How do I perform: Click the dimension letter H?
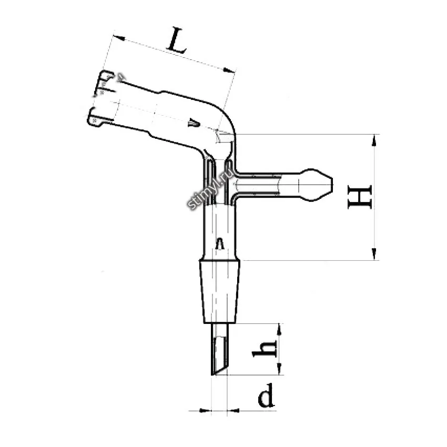click(360, 197)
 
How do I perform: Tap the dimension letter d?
click(266, 395)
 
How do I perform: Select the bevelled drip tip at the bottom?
click(219, 349)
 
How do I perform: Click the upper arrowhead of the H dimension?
click(374, 140)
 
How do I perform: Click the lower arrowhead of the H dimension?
click(374, 253)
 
